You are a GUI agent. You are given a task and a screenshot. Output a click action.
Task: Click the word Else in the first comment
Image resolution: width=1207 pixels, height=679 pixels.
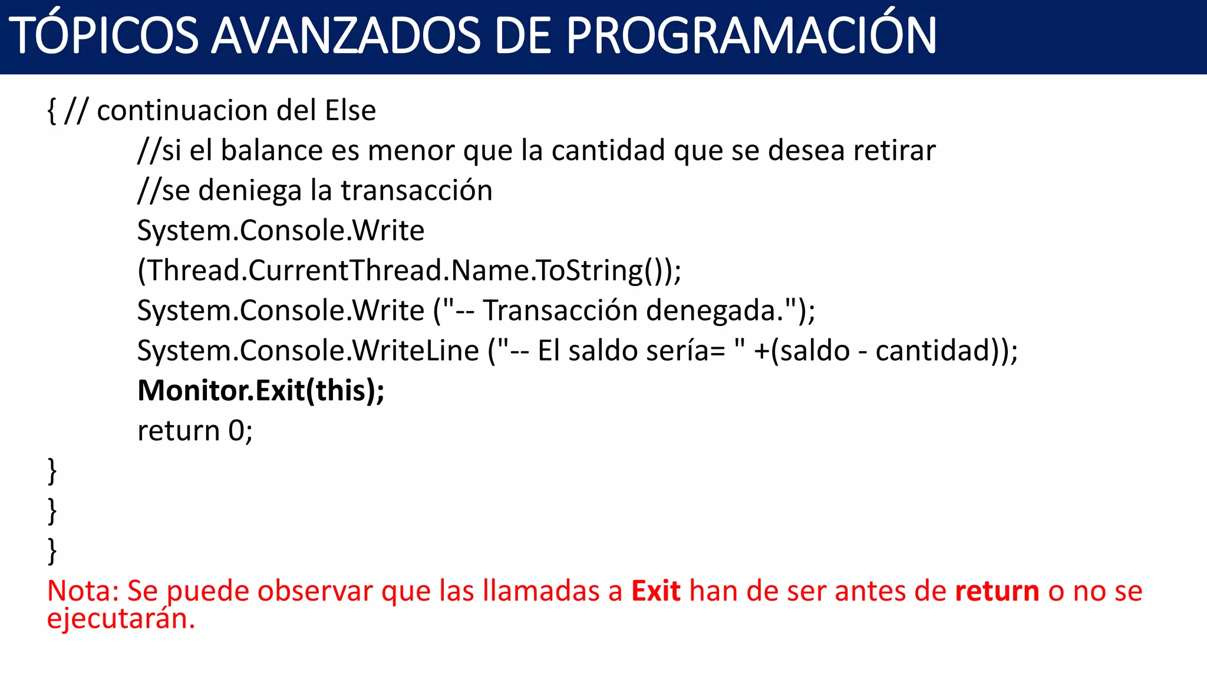350,110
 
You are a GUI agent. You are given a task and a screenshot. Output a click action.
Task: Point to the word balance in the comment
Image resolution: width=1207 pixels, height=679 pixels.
272,150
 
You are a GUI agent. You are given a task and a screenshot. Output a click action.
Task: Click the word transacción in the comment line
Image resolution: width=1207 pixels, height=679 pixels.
416,190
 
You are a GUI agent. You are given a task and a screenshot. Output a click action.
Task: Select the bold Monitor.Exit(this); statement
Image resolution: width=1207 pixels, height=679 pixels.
260,390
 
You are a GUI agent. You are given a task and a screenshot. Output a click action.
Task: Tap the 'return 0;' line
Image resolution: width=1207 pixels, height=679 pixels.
195,430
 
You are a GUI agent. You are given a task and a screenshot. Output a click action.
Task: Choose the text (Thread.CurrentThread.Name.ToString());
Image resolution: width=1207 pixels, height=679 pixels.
409,271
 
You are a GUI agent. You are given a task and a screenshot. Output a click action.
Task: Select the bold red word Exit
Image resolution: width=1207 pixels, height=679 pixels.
655,591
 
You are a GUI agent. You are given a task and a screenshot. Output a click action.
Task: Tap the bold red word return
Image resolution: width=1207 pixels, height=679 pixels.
997,591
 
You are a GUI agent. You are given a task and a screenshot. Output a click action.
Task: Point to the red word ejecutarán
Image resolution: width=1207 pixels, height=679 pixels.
120,619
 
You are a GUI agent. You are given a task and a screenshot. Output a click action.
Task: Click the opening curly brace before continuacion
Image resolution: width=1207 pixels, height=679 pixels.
52,111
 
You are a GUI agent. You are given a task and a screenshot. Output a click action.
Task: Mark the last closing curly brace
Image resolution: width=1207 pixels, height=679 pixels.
52,551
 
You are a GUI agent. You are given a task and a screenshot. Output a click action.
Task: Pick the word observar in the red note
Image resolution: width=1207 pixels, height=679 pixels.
315,591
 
